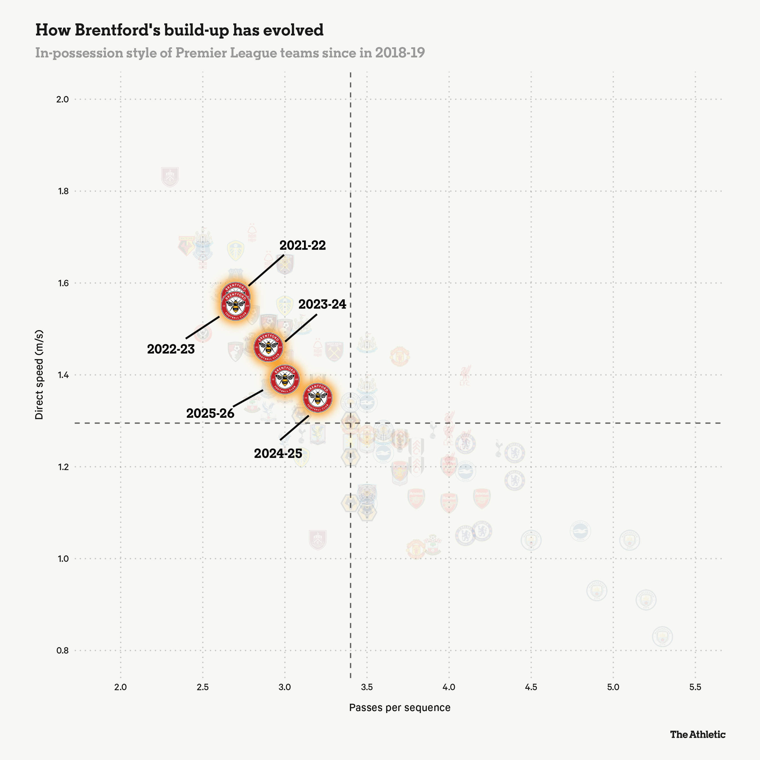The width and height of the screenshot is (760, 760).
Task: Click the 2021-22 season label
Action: [x=303, y=245]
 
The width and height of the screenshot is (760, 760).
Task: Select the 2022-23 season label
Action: [x=171, y=349]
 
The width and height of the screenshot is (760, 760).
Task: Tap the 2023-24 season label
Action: [x=322, y=304]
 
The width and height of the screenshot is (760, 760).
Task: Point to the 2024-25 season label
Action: [x=278, y=453]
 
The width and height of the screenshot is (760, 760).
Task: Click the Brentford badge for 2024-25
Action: [x=318, y=398]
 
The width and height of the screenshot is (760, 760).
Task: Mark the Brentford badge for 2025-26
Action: [x=285, y=379]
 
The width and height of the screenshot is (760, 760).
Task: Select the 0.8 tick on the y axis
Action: [x=62, y=651]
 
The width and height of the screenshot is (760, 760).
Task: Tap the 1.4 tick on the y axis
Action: [x=62, y=375]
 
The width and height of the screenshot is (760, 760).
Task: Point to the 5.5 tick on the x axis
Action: [x=695, y=687]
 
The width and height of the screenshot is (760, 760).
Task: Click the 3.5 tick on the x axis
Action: [x=366, y=687]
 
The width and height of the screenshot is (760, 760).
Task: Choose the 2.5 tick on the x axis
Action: [x=203, y=687]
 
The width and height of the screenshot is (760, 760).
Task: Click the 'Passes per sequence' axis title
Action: [x=400, y=708]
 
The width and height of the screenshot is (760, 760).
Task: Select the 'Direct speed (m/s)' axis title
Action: [x=39, y=375]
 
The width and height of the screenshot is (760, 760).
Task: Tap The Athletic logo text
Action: [x=698, y=734]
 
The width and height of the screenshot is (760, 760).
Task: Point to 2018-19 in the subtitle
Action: [x=400, y=53]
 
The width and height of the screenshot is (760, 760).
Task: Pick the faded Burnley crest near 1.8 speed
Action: [x=170, y=177]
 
